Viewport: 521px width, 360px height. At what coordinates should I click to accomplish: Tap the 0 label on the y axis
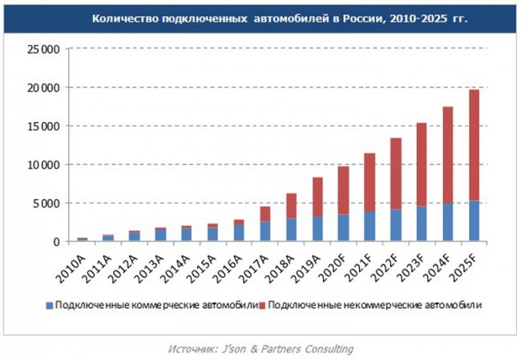pos(57,242)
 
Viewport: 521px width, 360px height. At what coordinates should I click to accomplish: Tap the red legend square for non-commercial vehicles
pos(265,305)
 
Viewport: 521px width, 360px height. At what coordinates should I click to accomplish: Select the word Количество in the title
pos(122,17)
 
